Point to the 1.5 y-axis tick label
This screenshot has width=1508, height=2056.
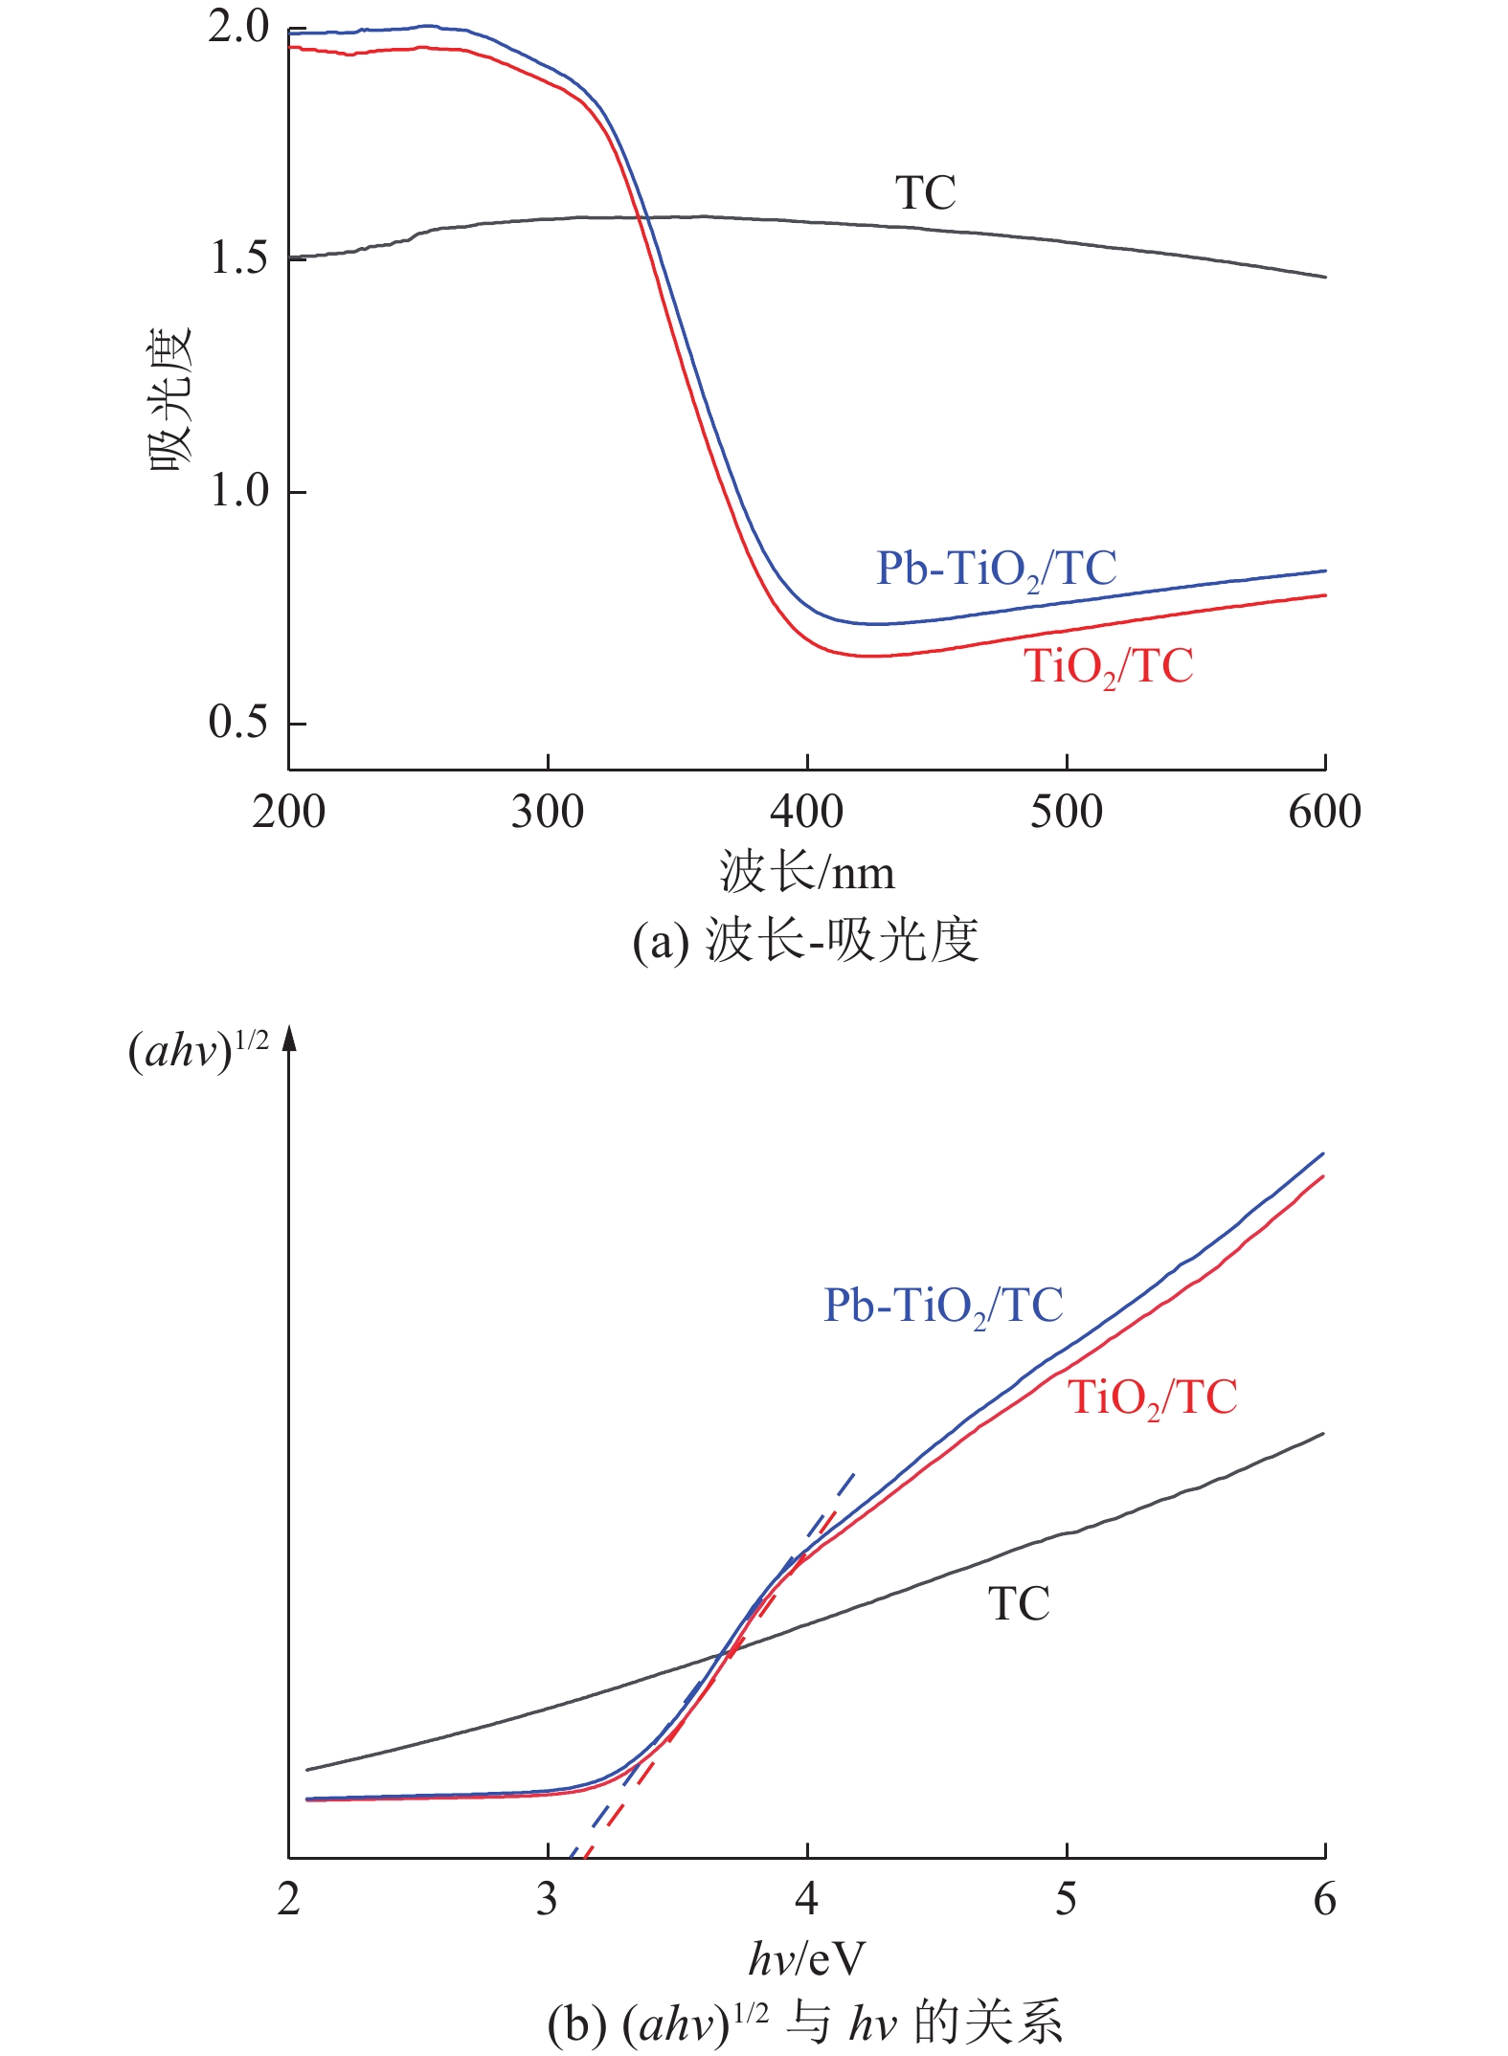coord(239,258)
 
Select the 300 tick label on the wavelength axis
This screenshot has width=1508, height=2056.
coord(548,812)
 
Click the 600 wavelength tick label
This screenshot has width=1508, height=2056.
coord(1325,812)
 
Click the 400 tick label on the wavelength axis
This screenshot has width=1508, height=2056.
coord(807,812)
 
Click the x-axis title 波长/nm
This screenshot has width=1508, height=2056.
coord(807,872)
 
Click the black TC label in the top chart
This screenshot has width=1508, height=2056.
coord(925,193)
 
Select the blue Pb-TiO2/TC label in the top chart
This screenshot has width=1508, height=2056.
coord(997,570)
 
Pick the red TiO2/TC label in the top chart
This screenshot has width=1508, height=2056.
coord(1109,666)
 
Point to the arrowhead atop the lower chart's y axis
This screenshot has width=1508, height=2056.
coord(289,1038)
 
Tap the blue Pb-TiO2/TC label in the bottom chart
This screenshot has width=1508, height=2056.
coord(944,1306)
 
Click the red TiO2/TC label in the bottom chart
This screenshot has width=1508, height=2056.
coord(1153,1397)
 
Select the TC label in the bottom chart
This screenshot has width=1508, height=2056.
coord(1019,1604)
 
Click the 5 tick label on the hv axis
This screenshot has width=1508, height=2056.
coord(1066,1899)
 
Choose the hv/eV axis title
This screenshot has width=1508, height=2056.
coord(807,1958)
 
